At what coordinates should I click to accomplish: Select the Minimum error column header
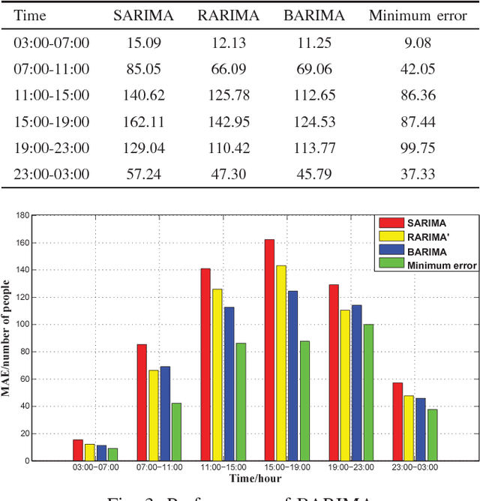[x=418, y=16]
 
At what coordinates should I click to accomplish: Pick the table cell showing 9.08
[x=418, y=43]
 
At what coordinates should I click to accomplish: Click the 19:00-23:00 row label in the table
[x=51, y=148]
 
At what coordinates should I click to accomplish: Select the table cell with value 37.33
[x=418, y=174]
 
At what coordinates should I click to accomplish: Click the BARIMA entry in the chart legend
[x=427, y=252]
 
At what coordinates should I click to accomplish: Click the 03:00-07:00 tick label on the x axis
[x=94, y=466]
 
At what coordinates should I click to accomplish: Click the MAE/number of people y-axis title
[x=7, y=337]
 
